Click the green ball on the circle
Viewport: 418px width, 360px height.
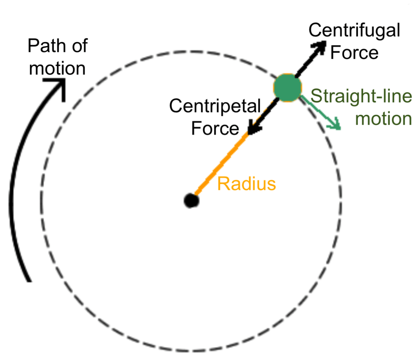[287, 88]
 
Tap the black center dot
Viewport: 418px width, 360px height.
[191, 201]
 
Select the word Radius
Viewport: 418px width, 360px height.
[246, 184]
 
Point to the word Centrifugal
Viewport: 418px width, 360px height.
[354, 31]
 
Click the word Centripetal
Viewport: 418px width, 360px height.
[215, 107]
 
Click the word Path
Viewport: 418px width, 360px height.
[45, 45]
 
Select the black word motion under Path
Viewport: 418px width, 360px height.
[58, 68]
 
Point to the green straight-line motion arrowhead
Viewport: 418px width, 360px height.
[336, 124]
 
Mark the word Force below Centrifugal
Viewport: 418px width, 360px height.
[354, 53]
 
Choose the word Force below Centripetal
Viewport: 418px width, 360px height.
[215, 128]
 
